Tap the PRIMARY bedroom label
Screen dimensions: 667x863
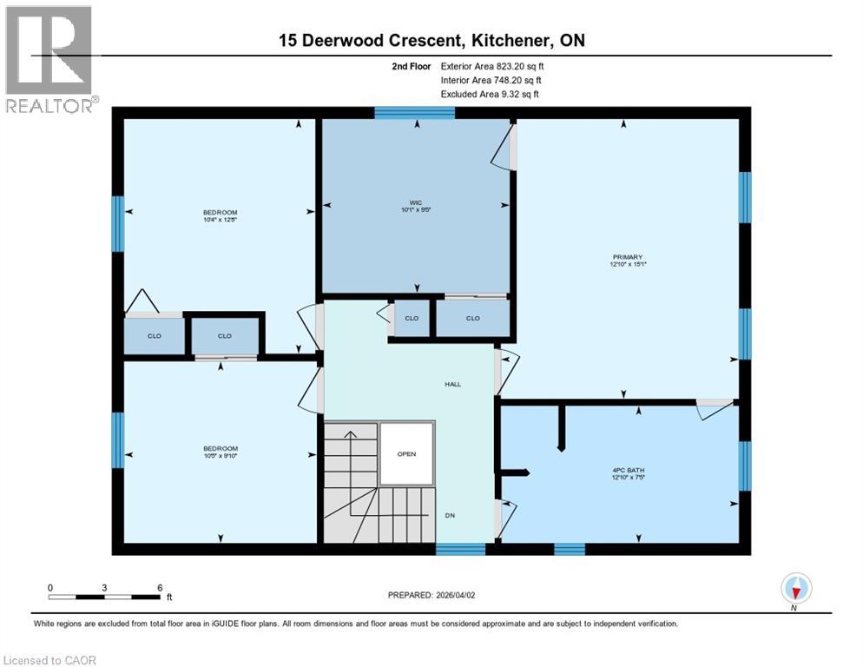627,257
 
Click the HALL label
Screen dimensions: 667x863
452,384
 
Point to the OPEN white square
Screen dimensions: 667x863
405,453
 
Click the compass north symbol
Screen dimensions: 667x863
795,590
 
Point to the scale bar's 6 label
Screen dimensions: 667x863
160,588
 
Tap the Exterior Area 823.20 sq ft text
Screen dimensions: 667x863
492,66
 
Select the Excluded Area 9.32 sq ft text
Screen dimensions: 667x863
490,94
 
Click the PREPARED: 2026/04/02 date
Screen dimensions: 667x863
431,595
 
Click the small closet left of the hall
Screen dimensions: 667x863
411,319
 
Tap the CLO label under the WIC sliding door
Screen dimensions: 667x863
472,319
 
